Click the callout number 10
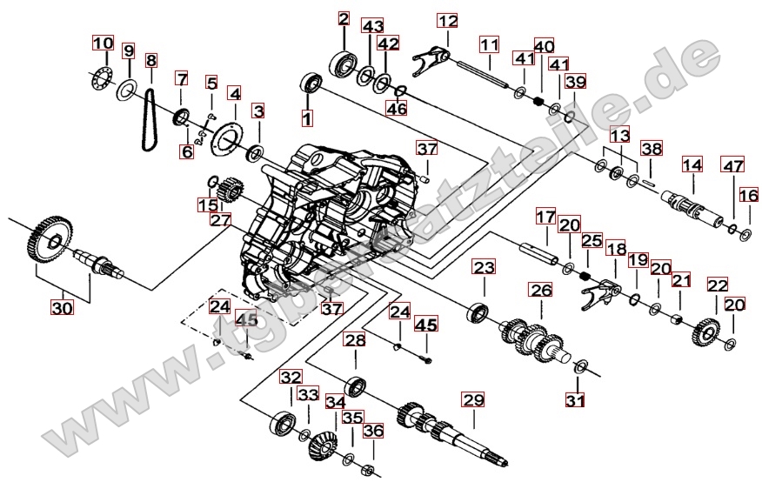point(103,43)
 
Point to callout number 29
point(473,399)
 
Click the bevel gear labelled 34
point(322,445)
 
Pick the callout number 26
point(541,291)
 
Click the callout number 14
point(692,164)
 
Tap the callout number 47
point(732,165)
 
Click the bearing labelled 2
point(344,63)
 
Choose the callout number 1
point(307,118)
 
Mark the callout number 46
point(396,108)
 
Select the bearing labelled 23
point(478,312)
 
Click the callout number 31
point(575,400)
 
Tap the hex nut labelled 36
point(368,471)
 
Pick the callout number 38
point(652,149)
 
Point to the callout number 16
point(749,196)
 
